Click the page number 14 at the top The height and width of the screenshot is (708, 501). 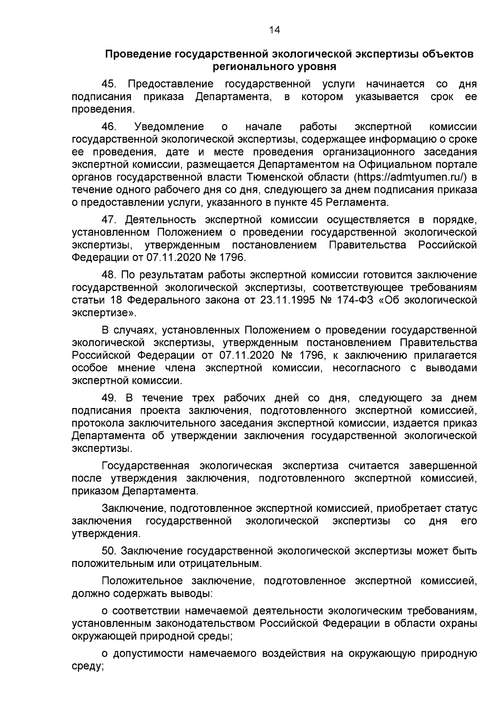274,30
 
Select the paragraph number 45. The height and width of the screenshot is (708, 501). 109,84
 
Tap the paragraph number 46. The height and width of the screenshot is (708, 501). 109,127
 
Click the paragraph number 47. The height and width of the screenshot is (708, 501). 109,220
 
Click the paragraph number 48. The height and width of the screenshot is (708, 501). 109,275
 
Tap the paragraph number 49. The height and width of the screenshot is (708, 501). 109,398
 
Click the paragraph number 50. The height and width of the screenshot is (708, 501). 109,552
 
